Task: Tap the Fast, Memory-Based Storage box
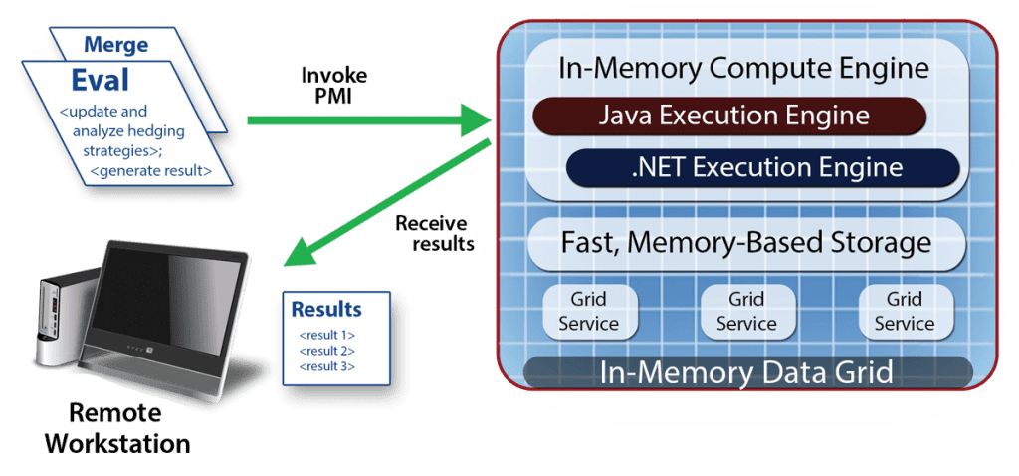pos(745,242)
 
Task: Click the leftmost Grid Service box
pos(588,311)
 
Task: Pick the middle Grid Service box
pos(746,311)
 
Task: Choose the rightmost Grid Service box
pos(905,311)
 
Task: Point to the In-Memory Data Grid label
pos(745,373)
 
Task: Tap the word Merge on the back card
pos(115,45)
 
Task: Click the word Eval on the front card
pos(100,81)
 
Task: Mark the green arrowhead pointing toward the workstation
pos(297,256)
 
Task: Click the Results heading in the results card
pos(326,309)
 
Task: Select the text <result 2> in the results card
pos(326,351)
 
